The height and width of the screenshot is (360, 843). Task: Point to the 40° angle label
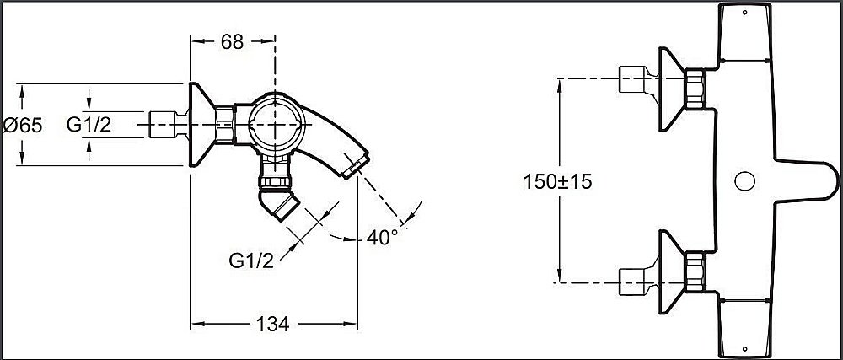(382, 237)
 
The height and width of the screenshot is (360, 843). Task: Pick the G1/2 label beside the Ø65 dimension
(89, 126)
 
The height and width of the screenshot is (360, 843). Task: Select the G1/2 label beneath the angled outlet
(251, 259)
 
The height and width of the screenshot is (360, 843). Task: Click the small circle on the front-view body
(744, 181)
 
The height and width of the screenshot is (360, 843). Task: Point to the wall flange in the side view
(201, 126)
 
